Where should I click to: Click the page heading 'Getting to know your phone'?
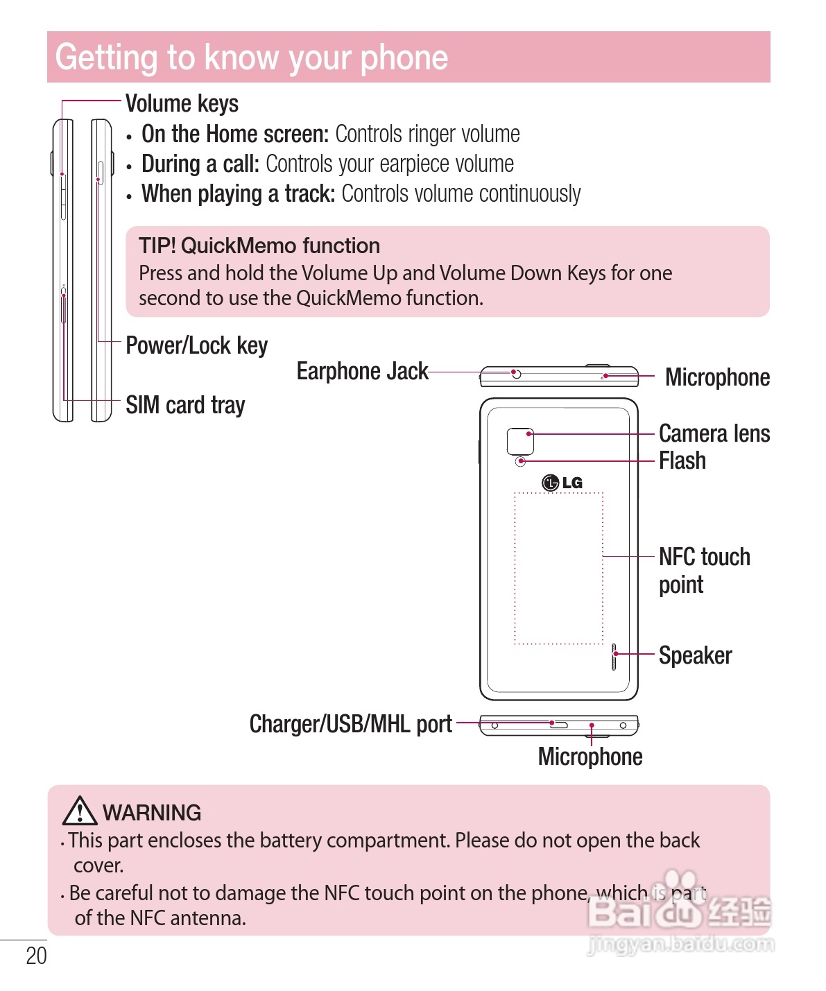click(x=252, y=58)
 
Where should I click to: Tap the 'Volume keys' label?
click(x=182, y=103)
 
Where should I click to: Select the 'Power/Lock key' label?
click(x=196, y=345)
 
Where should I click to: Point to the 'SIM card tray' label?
click(x=185, y=405)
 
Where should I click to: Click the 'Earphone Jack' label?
click(x=362, y=372)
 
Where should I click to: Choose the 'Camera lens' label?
click(x=714, y=433)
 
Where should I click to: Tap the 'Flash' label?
click(x=682, y=460)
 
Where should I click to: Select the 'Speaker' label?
click(x=695, y=655)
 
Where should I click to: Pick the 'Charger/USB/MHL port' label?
click(x=350, y=724)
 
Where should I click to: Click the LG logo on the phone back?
click(x=562, y=483)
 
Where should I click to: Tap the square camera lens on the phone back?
click(x=520, y=442)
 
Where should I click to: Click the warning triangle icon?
click(x=79, y=811)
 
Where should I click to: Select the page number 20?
click(x=36, y=956)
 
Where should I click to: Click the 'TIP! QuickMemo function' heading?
click(x=259, y=246)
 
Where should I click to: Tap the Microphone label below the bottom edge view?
click(x=590, y=757)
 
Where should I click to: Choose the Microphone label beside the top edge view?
click(x=717, y=377)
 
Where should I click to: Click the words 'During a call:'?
click(x=200, y=164)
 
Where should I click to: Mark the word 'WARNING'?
click(x=152, y=813)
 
